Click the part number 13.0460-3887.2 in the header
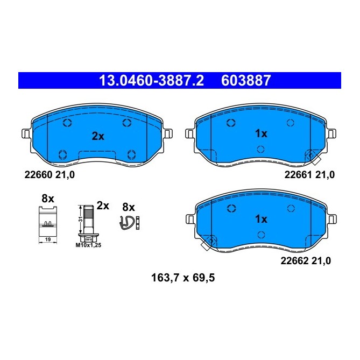[151, 81]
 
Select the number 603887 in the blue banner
[245, 81]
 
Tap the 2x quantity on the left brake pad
[97, 137]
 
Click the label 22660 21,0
[50, 174]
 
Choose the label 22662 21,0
[306, 260]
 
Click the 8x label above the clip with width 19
[48, 199]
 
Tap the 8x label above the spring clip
[128, 207]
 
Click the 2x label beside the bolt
[103, 206]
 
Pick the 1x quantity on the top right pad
[261, 133]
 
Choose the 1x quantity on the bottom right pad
[261, 219]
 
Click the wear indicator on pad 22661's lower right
[312, 157]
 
